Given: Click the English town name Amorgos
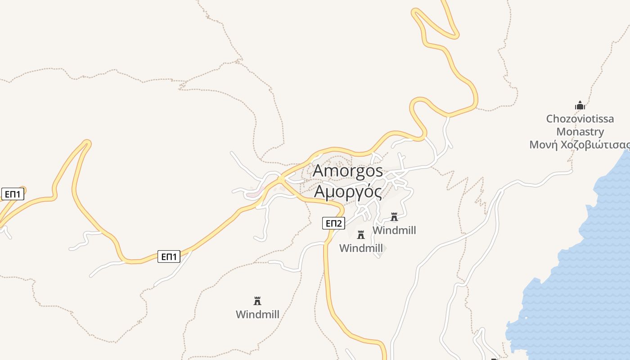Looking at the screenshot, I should tap(348, 171).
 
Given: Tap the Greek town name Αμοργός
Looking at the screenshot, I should tap(348, 191).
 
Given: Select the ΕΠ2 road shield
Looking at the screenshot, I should tap(333, 223).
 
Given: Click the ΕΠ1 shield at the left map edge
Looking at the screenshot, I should tap(13, 194).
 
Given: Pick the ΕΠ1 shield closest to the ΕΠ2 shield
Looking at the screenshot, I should tap(169, 257).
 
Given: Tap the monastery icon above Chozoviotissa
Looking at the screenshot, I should tap(580, 106).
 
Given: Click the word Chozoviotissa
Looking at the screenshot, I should tap(580, 119).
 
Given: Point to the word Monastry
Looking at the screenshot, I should tap(580, 132).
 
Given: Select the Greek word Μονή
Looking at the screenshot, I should tap(543, 145).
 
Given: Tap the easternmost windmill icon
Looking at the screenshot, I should tap(394, 217).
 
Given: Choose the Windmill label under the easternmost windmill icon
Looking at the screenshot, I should tap(394, 230).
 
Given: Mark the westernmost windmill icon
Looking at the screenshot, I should tap(257, 301).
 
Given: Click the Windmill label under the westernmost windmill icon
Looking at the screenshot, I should tap(257, 314).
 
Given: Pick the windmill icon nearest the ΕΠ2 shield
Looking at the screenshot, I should tap(360, 235).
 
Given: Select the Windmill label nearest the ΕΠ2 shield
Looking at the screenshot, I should tap(360, 248).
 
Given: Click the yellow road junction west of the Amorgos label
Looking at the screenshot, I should tap(281, 180).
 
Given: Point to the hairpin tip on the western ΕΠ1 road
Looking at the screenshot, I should tap(86, 144).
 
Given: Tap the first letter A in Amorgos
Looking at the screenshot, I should tap(318, 171).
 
